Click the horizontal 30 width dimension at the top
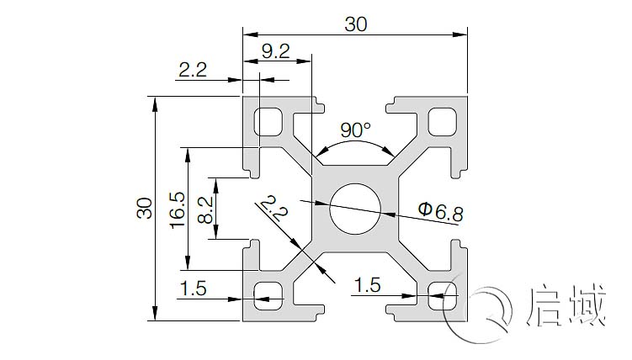(x=356, y=24)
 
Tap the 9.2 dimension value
(x=276, y=51)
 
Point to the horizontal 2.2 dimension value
(x=193, y=70)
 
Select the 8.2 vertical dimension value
(x=204, y=208)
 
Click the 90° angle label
(x=354, y=130)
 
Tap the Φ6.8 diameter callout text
(x=440, y=210)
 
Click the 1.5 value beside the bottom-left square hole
(x=193, y=288)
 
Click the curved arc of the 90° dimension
(x=354, y=144)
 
